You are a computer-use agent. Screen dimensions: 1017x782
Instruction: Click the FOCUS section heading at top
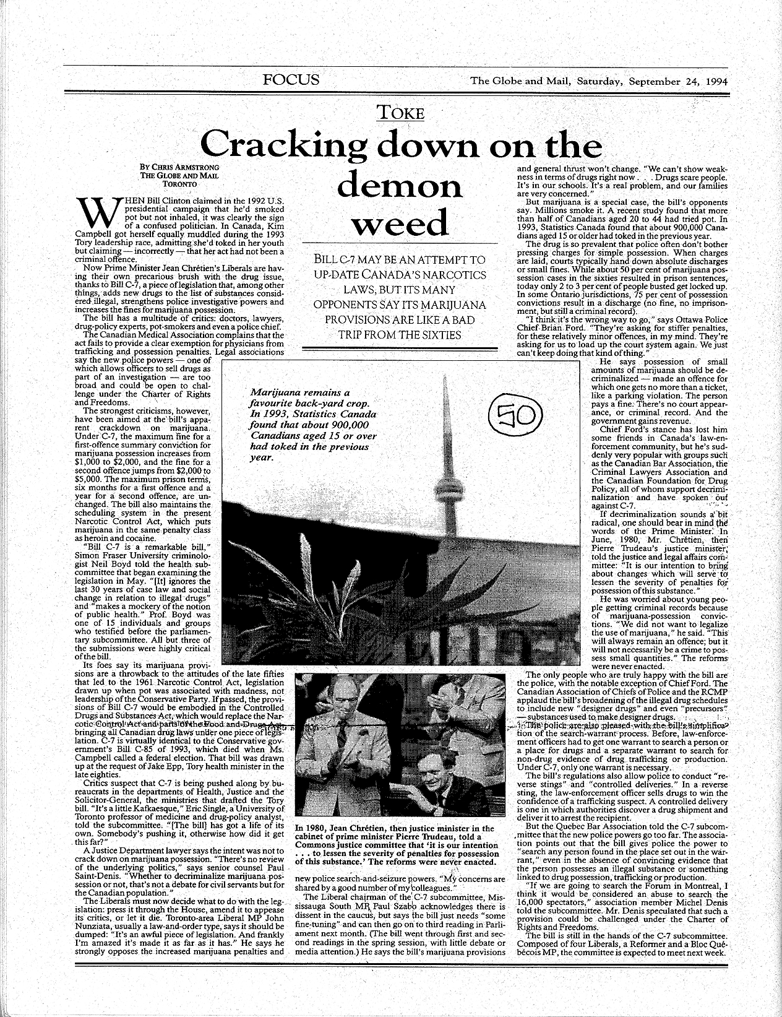click(291, 80)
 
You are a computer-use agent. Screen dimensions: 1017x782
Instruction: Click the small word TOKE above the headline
click(402, 113)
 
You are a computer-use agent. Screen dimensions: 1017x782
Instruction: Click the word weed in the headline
click(400, 223)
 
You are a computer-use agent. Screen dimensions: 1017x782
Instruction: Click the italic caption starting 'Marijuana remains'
click(312, 425)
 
